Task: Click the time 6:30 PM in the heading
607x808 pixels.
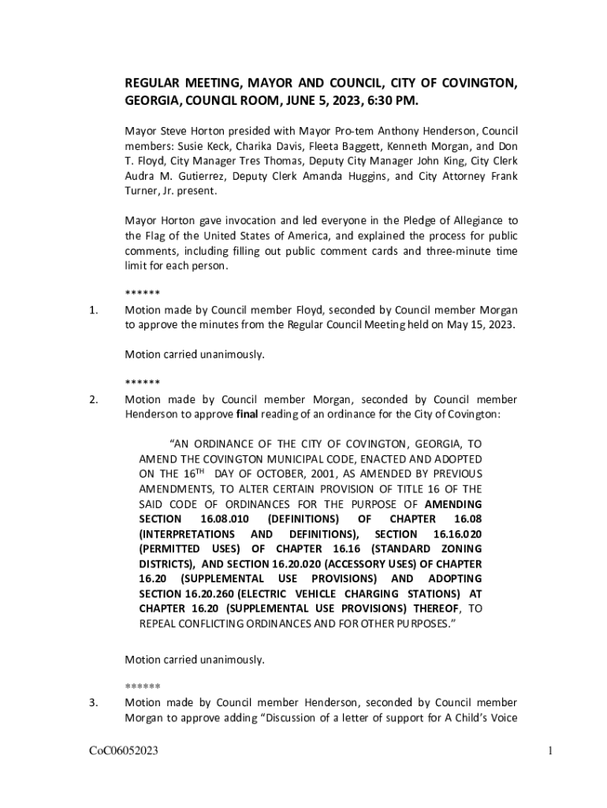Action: click(389, 102)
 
